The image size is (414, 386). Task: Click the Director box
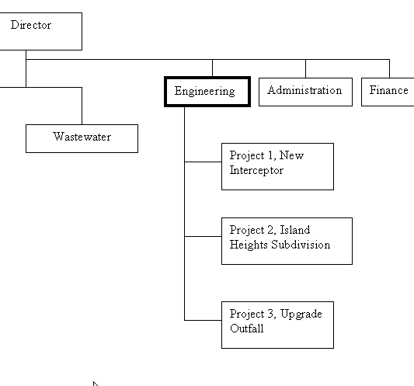pyautogui.click(x=41, y=31)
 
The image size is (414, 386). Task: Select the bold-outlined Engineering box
pyautogui.click(x=207, y=92)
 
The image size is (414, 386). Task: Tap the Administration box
pyautogui.click(x=305, y=92)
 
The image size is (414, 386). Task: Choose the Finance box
pyautogui.click(x=388, y=92)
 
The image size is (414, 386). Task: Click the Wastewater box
pyautogui.click(x=82, y=138)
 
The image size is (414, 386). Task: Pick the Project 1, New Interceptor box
pyautogui.click(x=277, y=166)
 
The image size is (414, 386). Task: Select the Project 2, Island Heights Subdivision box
pyautogui.click(x=287, y=241)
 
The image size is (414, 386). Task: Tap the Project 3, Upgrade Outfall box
pyautogui.click(x=277, y=325)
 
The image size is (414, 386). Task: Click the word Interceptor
pyautogui.click(x=256, y=170)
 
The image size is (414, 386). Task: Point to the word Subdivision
pyautogui.click(x=301, y=245)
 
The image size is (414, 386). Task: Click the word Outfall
pyautogui.click(x=246, y=329)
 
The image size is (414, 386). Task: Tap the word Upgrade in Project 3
pyautogui.click(x=301, y=315)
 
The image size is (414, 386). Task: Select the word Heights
pyautogui.click(x=249, y=245)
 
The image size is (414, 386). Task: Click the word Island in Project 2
pyautogui.click(x=295, y=230)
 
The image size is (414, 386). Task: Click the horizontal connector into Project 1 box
pyautogui.click(x=203, y=162)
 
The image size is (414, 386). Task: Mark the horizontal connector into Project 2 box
pyautogui.click(x=203, y=236)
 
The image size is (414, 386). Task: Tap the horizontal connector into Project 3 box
pyautogui.click(x=203, y=320)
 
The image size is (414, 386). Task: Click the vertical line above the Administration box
pyautogui.click(x=305, y=68)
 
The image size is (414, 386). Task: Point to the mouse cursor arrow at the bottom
pyautogui.click(x=96, y=384)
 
